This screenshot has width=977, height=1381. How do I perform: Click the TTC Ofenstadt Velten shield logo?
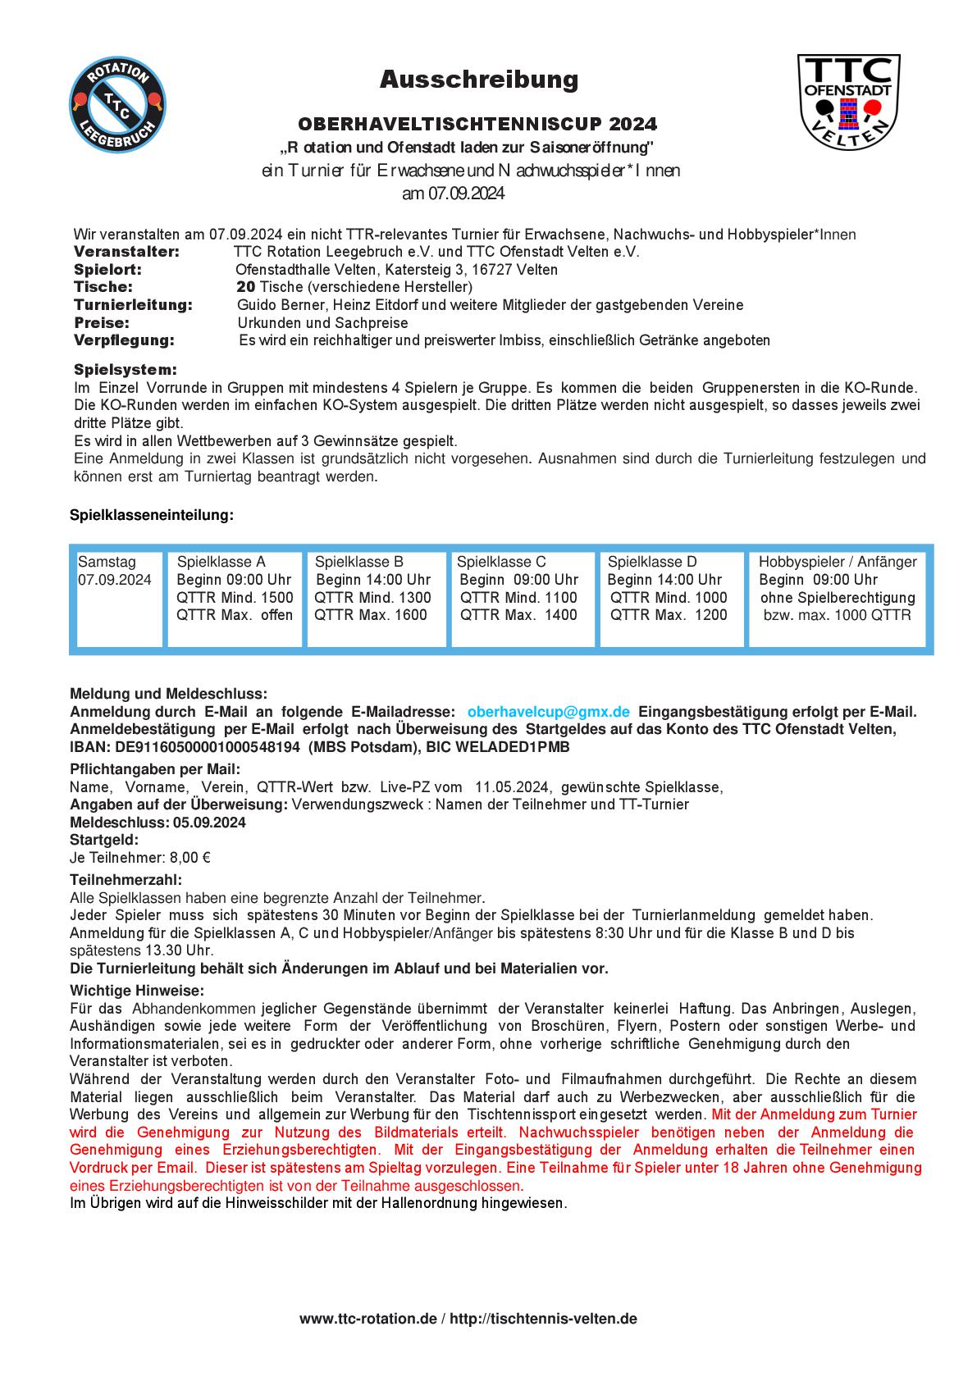coord(849,101)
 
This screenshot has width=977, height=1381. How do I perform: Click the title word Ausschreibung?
coord(479,80)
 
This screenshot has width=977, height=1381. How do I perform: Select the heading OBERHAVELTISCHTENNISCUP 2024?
coord(477,125)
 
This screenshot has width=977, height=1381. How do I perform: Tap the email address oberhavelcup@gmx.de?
coord(549,712)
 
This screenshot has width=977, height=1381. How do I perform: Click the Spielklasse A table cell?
coord(235,596)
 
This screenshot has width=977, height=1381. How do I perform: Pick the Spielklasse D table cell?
coord(672,596)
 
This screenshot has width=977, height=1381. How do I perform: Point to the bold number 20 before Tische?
coord(245,287)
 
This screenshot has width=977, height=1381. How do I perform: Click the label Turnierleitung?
coord(133,305)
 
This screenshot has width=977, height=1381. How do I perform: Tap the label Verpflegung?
coord(124,340)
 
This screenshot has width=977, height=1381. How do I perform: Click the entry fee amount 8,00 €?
coord(189,858)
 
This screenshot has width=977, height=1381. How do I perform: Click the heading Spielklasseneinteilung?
coord(152,515)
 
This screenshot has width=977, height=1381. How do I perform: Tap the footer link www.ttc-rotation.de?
coord(368,1319)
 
